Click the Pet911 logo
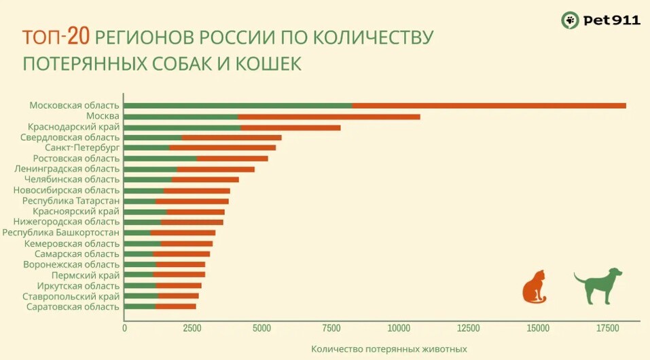click(x=600, y=20)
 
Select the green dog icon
click(x=599, y=285)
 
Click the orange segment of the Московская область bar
click(x=489, y=106)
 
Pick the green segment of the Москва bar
click(x=181, y=117)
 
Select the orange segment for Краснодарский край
click(x=291, y=127)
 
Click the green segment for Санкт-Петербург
click(x=147, y=147)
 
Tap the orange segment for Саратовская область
click(x=176, y=306)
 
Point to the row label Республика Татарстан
click(x=71, y=201)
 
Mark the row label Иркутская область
click(x=78, y=286)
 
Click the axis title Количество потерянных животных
click(x=389, y=349)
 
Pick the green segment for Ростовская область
click(x=160, y=158)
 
